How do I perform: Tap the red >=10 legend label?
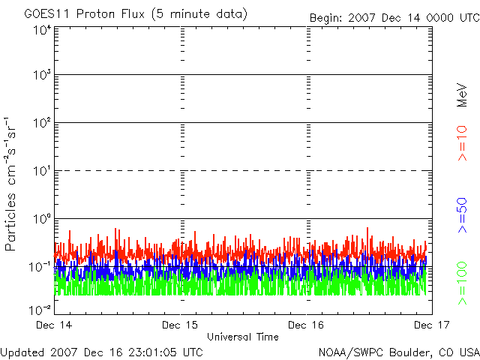[462, 143]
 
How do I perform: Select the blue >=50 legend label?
[462, 217]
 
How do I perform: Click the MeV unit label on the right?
[462, 95]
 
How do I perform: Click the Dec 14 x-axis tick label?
[54, 325]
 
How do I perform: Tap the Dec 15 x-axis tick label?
[181, 325]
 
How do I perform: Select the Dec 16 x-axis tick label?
[307, 325]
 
